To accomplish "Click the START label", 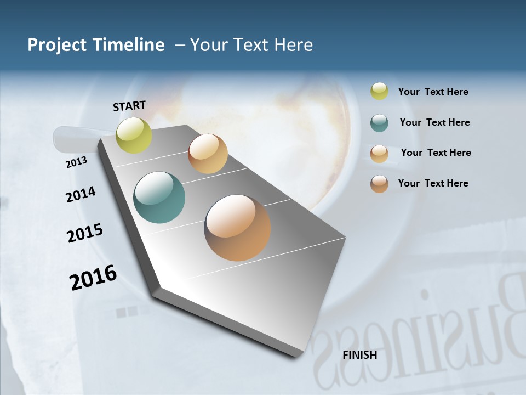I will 129,106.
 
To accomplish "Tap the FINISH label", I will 359,355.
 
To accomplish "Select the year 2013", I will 76,162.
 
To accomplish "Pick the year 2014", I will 81,195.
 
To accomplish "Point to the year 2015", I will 85,233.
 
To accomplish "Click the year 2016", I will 93,278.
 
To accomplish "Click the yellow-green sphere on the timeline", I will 134,135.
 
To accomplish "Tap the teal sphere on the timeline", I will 159,198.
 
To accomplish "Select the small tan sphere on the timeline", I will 208,154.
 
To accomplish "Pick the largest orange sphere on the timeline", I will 237,227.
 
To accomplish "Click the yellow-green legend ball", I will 379,92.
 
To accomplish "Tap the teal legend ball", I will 379,123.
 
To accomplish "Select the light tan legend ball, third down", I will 379,154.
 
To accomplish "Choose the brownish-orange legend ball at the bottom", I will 379,184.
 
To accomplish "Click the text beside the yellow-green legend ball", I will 433,92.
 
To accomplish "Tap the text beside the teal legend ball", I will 434,122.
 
